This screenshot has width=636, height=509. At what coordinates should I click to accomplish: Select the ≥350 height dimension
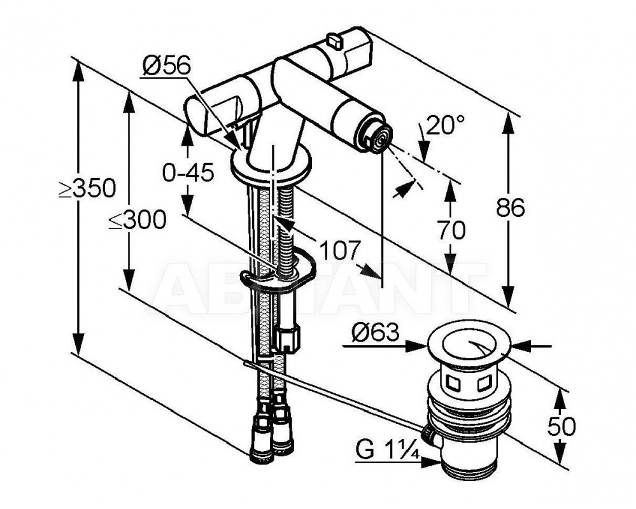click(87, 188)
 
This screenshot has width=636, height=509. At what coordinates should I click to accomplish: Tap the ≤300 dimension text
click(138, 220)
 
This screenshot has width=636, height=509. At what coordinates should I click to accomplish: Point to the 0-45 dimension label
click(188, 174)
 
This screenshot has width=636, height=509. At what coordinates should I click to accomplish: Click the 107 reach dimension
click(340, 251)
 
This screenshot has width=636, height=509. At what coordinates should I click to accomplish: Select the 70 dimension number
click(451, 230)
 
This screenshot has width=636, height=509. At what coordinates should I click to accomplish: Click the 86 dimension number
click(510, 208)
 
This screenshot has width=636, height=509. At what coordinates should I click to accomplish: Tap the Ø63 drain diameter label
click(375, 333)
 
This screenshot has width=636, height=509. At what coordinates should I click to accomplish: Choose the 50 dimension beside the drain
click(562, 426)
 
